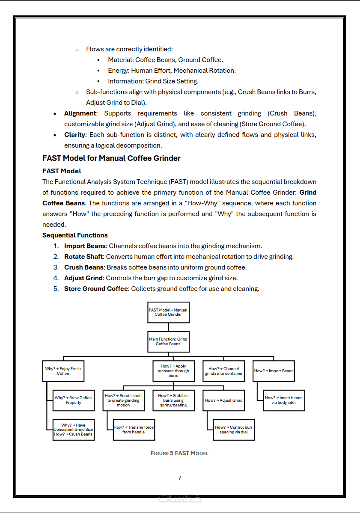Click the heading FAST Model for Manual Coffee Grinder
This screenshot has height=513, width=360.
tap(111, 158)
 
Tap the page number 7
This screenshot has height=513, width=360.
tap(180, 478)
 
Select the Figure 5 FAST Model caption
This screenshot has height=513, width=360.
tap(179, 453)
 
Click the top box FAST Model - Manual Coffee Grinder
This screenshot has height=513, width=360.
tap(168, 312)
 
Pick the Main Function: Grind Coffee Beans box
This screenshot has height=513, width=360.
tap(168, 341)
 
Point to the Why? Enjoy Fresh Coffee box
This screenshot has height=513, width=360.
tap(63, 371)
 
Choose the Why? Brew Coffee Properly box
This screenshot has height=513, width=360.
tap(73, 400)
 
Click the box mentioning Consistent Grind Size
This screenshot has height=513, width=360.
tap(73, 430)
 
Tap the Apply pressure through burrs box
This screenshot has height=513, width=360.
tap(173, 371)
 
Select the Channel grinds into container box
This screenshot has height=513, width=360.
tap(223, 371)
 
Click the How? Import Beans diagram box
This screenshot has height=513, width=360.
tap(274, 371)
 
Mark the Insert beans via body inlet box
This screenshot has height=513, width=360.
tap(283, 400)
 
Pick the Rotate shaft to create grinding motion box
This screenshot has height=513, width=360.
tap(123, 400)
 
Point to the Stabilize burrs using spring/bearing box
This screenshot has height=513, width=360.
tap(173, 400)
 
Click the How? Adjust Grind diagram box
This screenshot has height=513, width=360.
tap(223, 400)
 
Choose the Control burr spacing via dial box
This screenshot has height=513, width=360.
tap(234, 430)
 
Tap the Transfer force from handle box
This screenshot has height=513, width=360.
tap(134, 430)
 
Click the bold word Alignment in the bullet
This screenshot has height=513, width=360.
tap(80, 113)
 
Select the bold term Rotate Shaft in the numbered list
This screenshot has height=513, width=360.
tap(83, 257)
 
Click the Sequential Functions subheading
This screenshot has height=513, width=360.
tap(75, 235)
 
